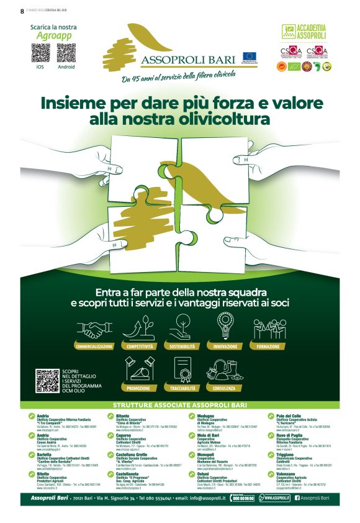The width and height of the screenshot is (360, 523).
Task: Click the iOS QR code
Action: click(41, 53)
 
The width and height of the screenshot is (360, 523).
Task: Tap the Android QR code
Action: click(66, 53)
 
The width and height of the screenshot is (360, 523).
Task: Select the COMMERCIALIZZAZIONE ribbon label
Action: click(94, 346)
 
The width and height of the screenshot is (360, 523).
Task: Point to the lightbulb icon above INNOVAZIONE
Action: click(225, 325)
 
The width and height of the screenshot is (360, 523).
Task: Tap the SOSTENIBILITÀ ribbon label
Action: click(182, 346)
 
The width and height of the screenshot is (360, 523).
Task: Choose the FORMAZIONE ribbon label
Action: click(268, 346)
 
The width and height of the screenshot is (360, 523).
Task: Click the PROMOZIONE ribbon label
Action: click(138, 388)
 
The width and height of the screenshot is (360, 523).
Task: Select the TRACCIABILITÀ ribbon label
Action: click(182, 388)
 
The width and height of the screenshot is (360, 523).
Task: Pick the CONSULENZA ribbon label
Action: click(225, 388)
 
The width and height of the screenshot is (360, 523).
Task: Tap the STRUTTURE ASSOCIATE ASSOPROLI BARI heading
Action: click(180, 405)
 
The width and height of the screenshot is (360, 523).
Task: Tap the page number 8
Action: click(22, 11)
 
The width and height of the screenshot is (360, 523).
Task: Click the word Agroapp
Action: click(55, 36)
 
